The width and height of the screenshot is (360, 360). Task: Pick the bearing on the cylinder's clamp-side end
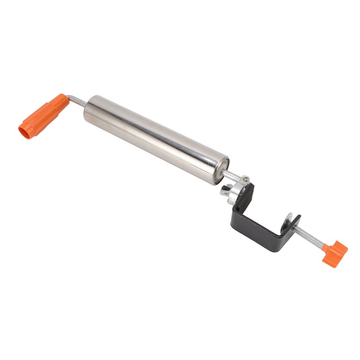point(222,170)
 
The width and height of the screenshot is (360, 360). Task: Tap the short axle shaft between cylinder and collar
point(232,176)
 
